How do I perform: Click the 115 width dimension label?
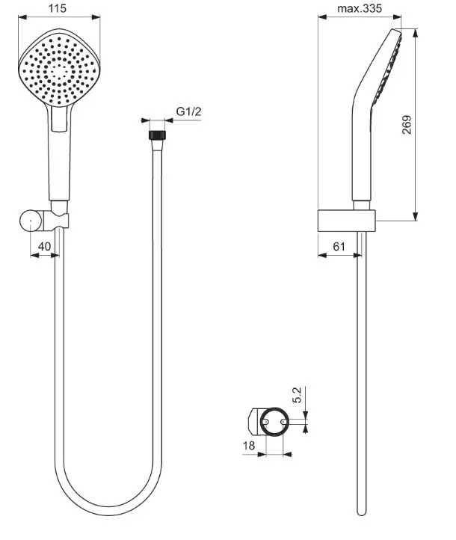[x=57, y=8]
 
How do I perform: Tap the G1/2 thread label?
[x=188, y=111]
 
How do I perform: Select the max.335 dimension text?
[x=360, y=8]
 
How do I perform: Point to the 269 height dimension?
[x=407, y=125]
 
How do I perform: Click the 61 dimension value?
[x=339, y=247]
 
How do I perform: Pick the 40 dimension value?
[x=44, y=247]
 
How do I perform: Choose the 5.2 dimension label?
[x=297, y=395]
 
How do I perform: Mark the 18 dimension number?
[x=249, y=446]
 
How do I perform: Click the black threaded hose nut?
[x=157, y=135]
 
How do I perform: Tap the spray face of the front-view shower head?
[x=59, y=70]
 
